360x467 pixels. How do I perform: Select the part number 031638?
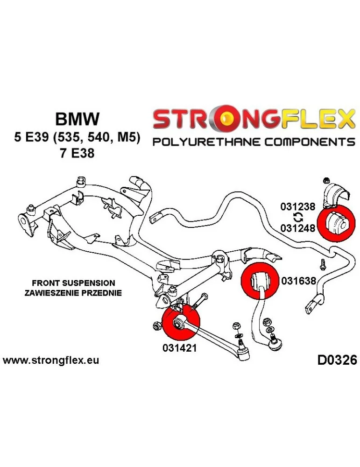point(298,281)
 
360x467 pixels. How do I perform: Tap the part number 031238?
point(298,206)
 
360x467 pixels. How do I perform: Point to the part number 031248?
point(298,227)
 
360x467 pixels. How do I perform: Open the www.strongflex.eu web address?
point(51,361)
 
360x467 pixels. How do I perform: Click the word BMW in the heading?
point(78,119)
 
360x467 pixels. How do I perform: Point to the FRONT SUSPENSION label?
point(73,283)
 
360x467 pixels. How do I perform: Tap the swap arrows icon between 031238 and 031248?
point(297,217)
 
